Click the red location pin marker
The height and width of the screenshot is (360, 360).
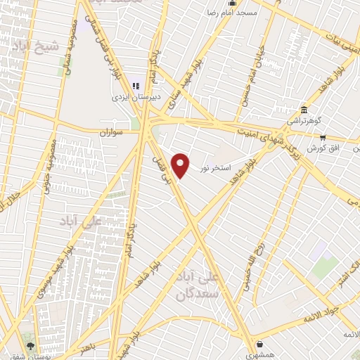(x=181, y=165)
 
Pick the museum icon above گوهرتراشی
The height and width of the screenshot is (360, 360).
(x=303, y=110)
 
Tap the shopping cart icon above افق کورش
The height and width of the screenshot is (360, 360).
(x=323, y=138)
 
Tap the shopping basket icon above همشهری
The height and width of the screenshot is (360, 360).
(x=262, y=344)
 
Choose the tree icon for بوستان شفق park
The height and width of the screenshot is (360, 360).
(x=30, y=345)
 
